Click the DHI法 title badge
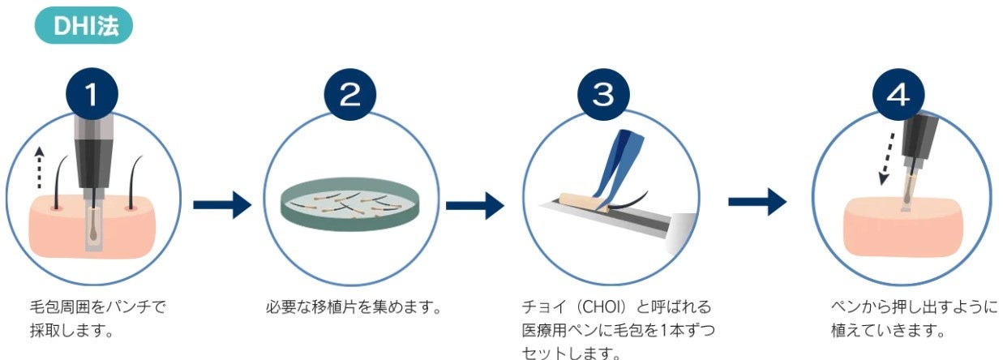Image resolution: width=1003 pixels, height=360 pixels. point(84,26)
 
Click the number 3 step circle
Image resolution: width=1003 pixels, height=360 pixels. point(604,95)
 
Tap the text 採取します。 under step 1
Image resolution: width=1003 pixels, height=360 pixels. point(71,331)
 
